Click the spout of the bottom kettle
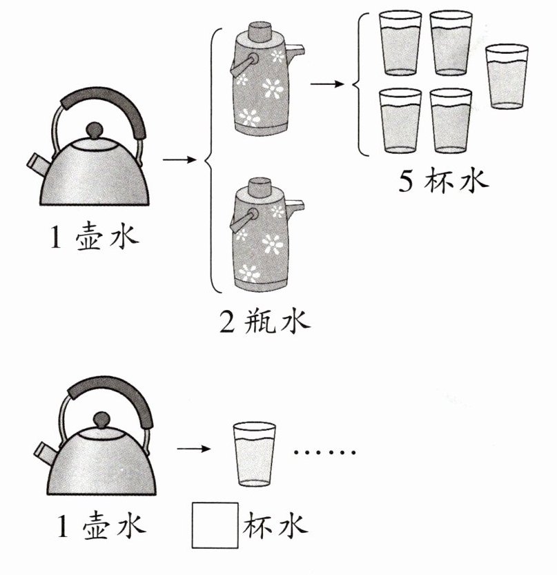coord(46,454)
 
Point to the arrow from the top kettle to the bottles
coord(179,159)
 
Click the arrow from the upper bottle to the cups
coord(327,84)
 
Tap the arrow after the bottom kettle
coord(194,449)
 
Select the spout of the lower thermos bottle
coord(295,206)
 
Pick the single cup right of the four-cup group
coord(507,77)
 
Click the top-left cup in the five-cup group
coord(400,43)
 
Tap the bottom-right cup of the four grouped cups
coord(451,121)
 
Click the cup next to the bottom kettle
coord(255,455)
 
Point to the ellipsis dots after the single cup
coord(324,452)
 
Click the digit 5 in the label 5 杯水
coord(406,181)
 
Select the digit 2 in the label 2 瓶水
coord(226,321)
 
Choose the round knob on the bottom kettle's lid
coord(102,419)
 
